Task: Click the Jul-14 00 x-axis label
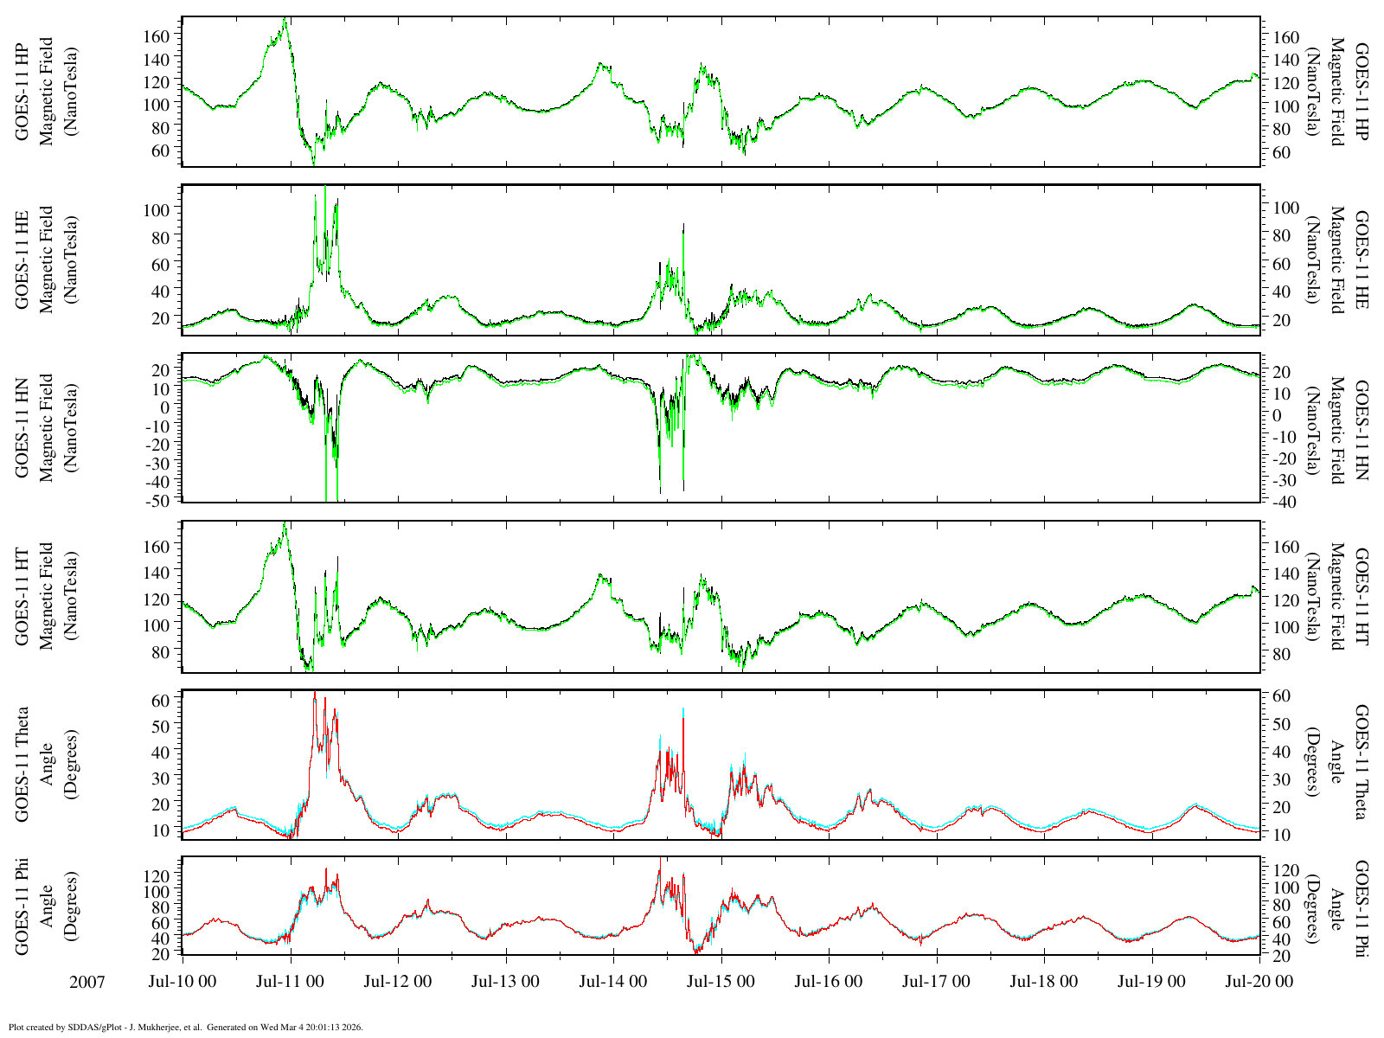(612, 982)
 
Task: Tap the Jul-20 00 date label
(1259, 982)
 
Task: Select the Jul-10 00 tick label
(183, 982)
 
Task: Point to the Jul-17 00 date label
(936, 982)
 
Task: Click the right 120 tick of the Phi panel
(1282, 868)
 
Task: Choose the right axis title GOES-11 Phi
(1361, 907)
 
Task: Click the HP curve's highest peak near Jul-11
(285, 19)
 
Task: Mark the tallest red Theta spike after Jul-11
(315, 693)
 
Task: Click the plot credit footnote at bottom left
(185, 1028)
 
